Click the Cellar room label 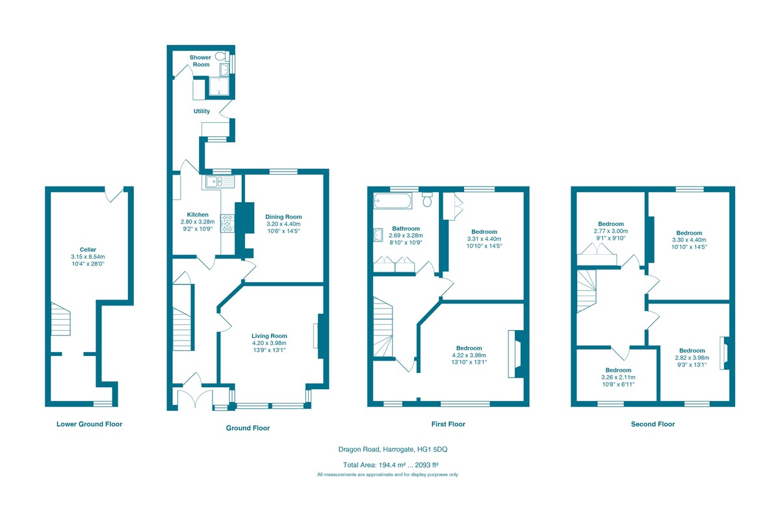[x=88, y=250]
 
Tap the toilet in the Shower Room [x=222, y=56]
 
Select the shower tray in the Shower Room [x=218, y=86]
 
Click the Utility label [x=201, y=111]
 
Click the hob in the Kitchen [x=227, y=224]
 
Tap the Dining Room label [x=283, y=216]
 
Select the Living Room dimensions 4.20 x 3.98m [x=269, y=343]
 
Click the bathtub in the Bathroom [x=393, y=201]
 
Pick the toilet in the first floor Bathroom [x=427, y=199]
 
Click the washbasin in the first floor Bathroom [x=378, y=235]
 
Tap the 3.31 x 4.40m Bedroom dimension [x=484, y=239]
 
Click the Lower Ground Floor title [x=90, y=424]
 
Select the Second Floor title [x=653, y=424]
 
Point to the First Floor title [x=448, y=424]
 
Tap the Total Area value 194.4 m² [x=391, y=465]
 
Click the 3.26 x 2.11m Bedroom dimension [x=618, y=378]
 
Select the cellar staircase [x=60, y=319]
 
